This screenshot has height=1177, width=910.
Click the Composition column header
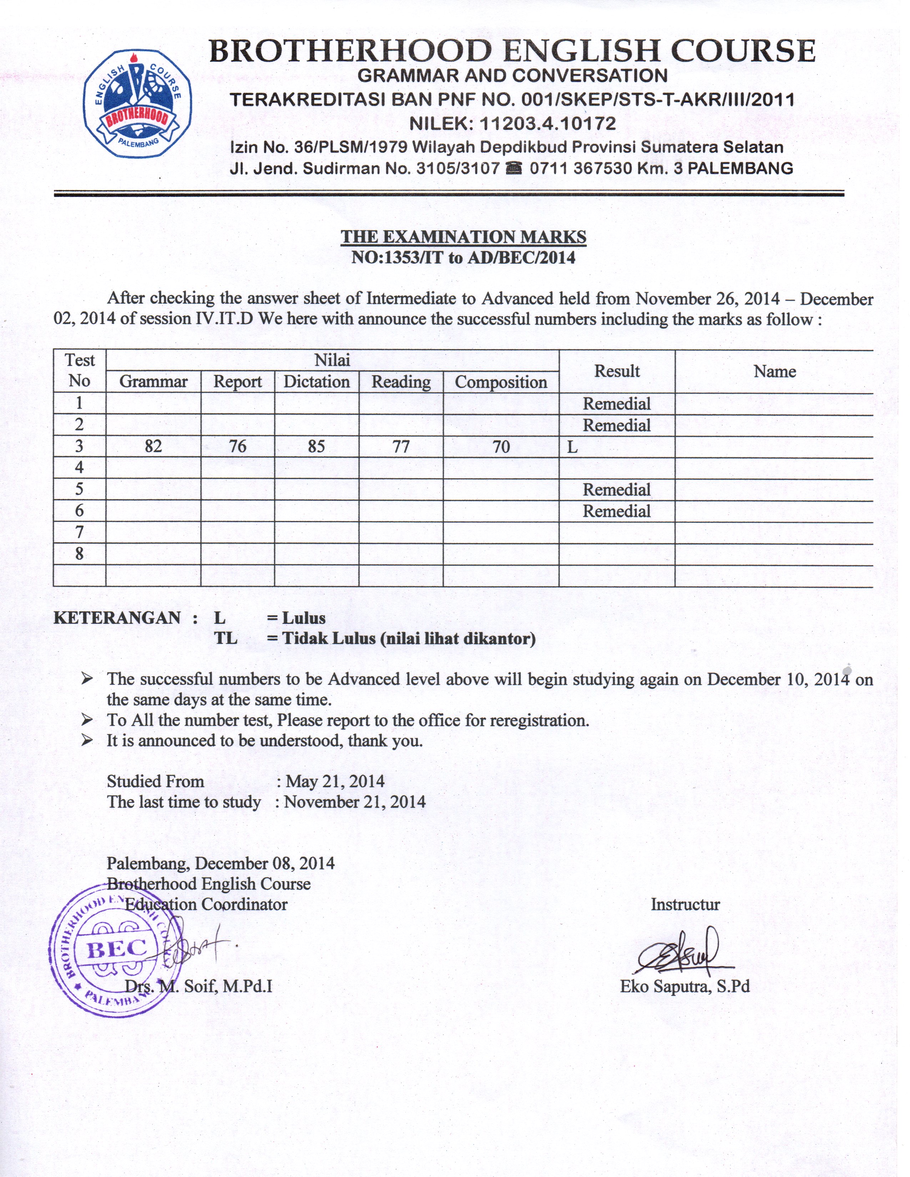[x=501, y=382]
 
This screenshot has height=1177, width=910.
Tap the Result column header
[x=617, y=371]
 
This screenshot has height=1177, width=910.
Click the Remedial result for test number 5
[x=617, y=490]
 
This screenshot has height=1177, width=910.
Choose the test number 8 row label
[x=79, y=554]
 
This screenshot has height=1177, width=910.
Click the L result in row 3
[x=572, y=447]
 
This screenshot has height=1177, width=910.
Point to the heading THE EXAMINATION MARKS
[x=463, y=236]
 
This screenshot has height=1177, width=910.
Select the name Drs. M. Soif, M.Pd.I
[x=198, y=986]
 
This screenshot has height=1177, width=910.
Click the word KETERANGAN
[x=117, y=618]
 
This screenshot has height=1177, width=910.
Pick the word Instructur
[x=685, y=904]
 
